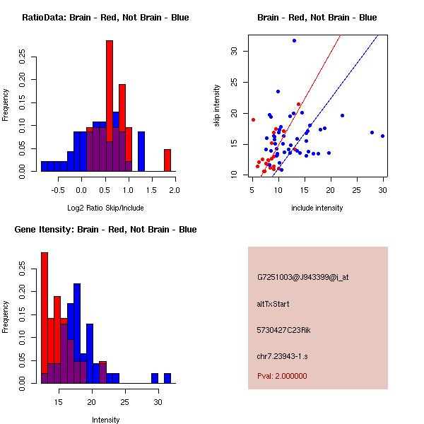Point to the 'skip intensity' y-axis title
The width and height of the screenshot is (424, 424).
(218, 106)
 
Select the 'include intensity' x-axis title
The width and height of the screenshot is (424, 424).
(317, 208)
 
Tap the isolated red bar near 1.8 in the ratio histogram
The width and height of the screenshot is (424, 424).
(167, 160)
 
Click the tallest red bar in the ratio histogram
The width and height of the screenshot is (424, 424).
(110, 106)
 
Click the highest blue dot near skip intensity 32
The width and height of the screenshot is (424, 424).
(294, 41)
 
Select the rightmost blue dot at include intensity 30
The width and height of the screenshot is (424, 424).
(382, 136)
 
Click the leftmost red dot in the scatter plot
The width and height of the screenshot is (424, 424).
(253, 119)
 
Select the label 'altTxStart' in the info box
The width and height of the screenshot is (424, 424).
(273, 304)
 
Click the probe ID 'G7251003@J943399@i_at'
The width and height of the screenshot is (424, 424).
(303, 277)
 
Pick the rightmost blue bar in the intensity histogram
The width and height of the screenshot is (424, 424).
(167, 378)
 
